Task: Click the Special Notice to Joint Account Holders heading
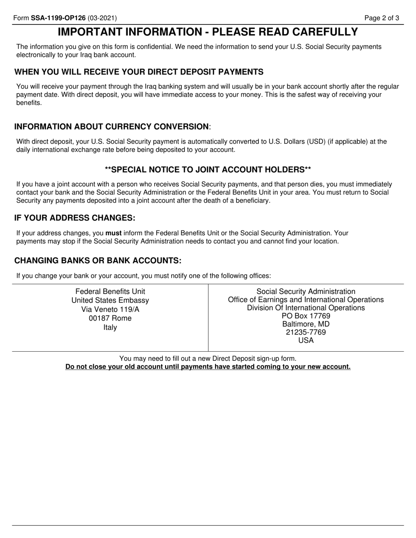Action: point(208,170)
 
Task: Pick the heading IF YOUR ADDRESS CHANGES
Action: point(75,218)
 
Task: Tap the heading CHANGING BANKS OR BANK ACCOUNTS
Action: point(98,261)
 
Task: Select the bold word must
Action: point(113,233)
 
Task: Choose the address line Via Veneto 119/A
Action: point(110,309)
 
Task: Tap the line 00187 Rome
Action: point(110,318)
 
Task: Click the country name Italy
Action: point(110,327)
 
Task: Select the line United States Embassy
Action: point(110,300)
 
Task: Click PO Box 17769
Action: point(306,316)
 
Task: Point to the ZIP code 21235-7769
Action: point(306,332)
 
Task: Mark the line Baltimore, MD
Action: point(306,324)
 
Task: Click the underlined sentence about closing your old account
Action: point(208,367)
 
